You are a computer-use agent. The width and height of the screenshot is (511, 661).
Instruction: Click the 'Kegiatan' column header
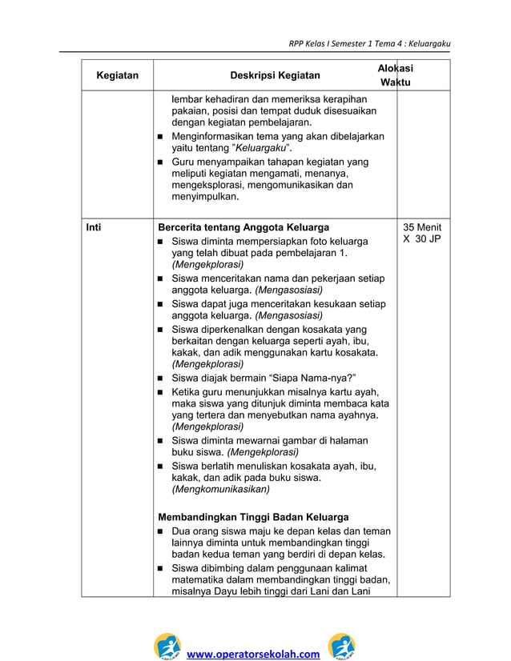pos(117,76)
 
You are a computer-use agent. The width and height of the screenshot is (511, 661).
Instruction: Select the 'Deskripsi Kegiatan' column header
pos(275,76)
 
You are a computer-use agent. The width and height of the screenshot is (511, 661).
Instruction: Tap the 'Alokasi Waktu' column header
pos(395,76)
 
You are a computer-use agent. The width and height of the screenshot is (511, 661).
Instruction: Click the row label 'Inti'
pos(94,227)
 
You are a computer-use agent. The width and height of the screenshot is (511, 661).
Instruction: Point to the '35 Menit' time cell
pos(422,227)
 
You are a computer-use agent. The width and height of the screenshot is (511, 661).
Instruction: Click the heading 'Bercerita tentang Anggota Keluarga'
pos(243,227)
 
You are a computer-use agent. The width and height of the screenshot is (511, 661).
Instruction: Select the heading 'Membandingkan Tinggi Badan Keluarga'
pos(253,516)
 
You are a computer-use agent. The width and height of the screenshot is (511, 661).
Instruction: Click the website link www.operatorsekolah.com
pos(253,654)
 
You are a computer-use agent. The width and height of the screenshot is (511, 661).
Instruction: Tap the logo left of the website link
pos(169,646)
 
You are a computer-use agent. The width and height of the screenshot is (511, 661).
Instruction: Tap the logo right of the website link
pos(342,646)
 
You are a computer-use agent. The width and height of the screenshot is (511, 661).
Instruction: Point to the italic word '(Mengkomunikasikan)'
pos(221,489)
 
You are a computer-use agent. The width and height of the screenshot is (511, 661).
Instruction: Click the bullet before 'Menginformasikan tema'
pos(162,138)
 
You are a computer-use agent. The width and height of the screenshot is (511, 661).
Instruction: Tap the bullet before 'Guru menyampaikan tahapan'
pos(162,162)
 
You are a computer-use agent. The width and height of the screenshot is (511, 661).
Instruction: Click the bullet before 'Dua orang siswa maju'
pos(162,531)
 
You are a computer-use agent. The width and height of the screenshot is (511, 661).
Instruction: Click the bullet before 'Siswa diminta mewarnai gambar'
pos(162,441)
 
